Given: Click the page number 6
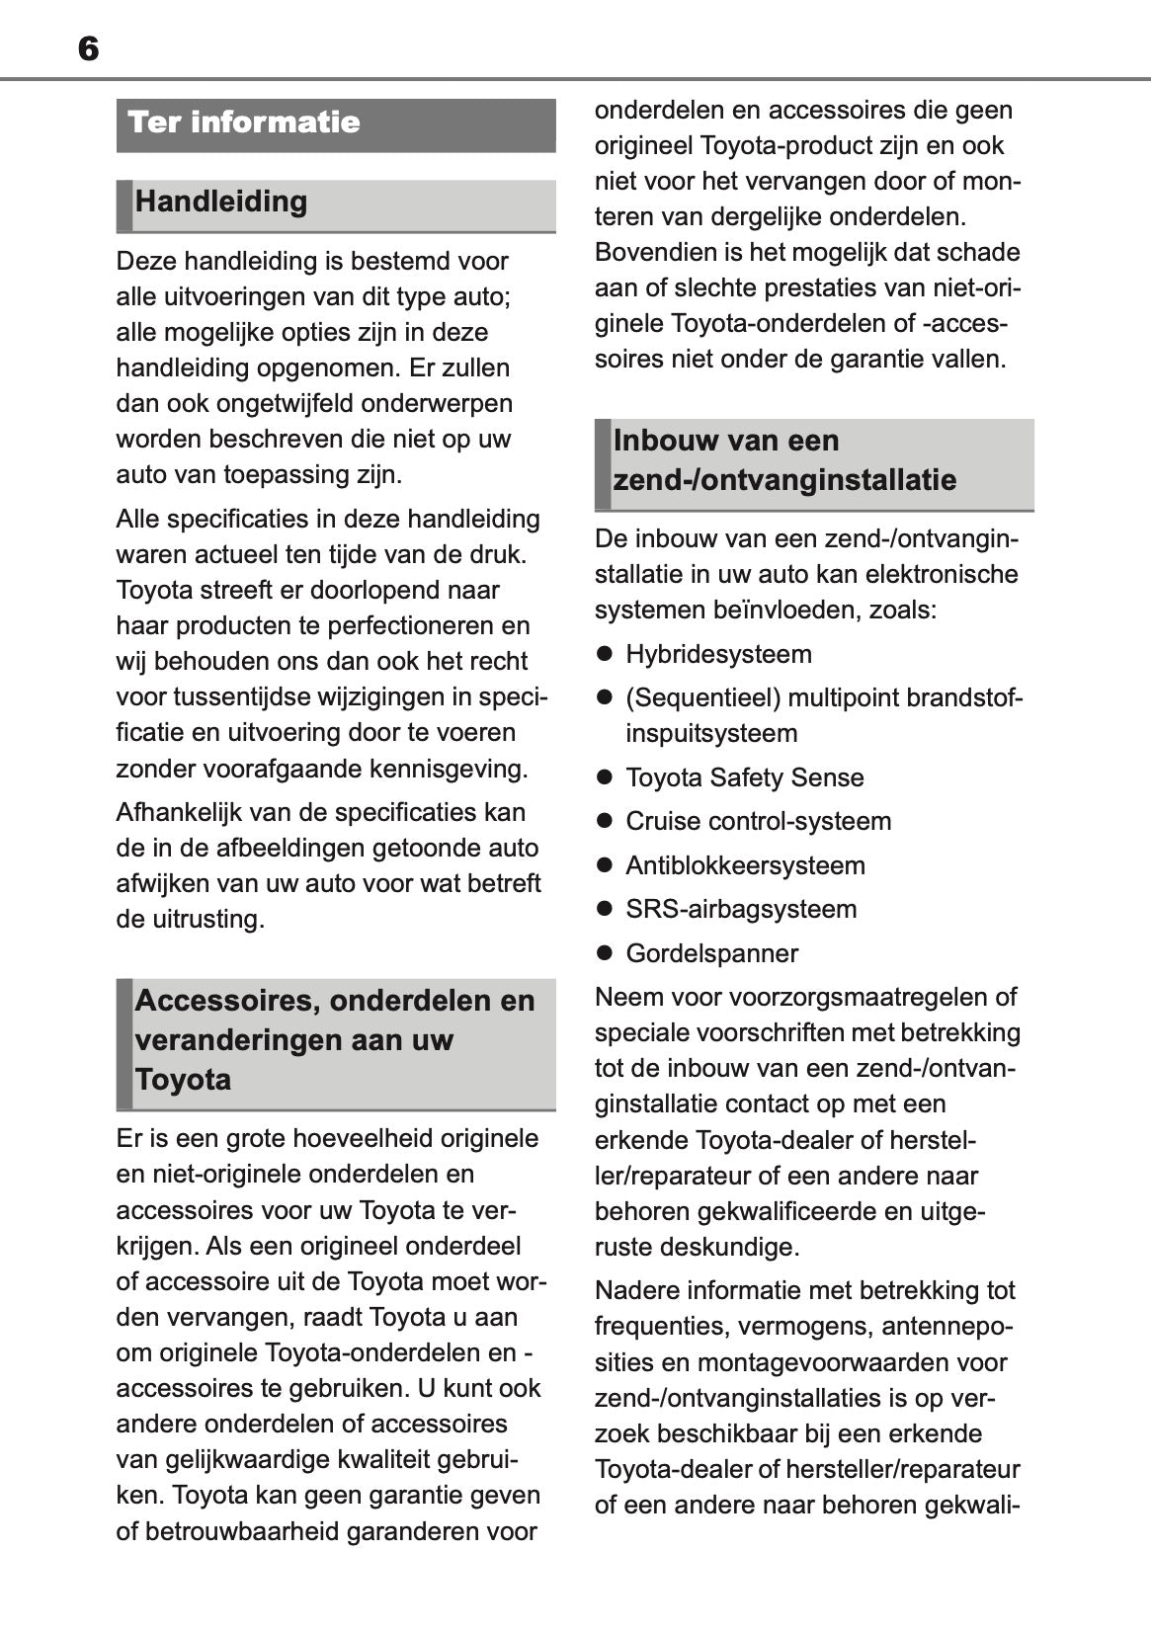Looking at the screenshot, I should [x=88, y=48].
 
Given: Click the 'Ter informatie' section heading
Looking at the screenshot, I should [x=244, y=122].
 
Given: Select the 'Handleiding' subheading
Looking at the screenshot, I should [x=221, y=202].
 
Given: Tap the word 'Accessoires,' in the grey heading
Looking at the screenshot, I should [x=224, y=1000].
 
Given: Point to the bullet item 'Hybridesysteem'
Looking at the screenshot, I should [x=718, y=654].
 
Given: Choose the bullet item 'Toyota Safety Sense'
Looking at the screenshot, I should [x=744, y=777].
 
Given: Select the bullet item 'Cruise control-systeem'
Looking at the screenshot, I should [x=758, y=821].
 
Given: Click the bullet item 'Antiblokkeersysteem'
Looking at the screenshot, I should [x=745, y=865].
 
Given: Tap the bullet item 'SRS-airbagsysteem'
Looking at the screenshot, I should [x=741, y=909].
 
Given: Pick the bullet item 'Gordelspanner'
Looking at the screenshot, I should [x=711, y=953].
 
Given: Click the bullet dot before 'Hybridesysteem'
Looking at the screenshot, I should [x=605, y=654].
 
